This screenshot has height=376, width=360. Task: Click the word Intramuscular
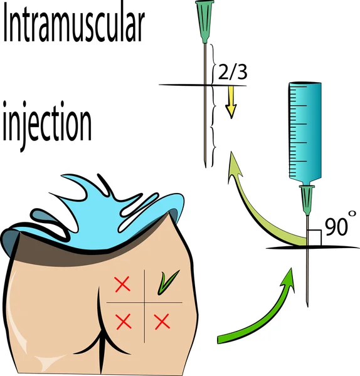(74, 26)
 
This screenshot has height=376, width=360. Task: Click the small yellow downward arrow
(231, 102)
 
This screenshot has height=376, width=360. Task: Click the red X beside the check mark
(123, 285)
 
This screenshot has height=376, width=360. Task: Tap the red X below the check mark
(162, 322)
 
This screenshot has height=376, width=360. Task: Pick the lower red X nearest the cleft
(124, 321)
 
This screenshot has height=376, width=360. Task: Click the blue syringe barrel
(305, 131)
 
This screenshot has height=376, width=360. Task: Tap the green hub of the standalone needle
(204, 21)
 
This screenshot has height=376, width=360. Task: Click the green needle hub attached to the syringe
(307, 199)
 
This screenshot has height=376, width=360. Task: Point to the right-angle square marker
(314, 238)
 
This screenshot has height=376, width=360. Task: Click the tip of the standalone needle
(206, 167)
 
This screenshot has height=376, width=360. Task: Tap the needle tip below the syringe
(307, 306)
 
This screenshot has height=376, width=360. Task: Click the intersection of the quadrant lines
(144, 303)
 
